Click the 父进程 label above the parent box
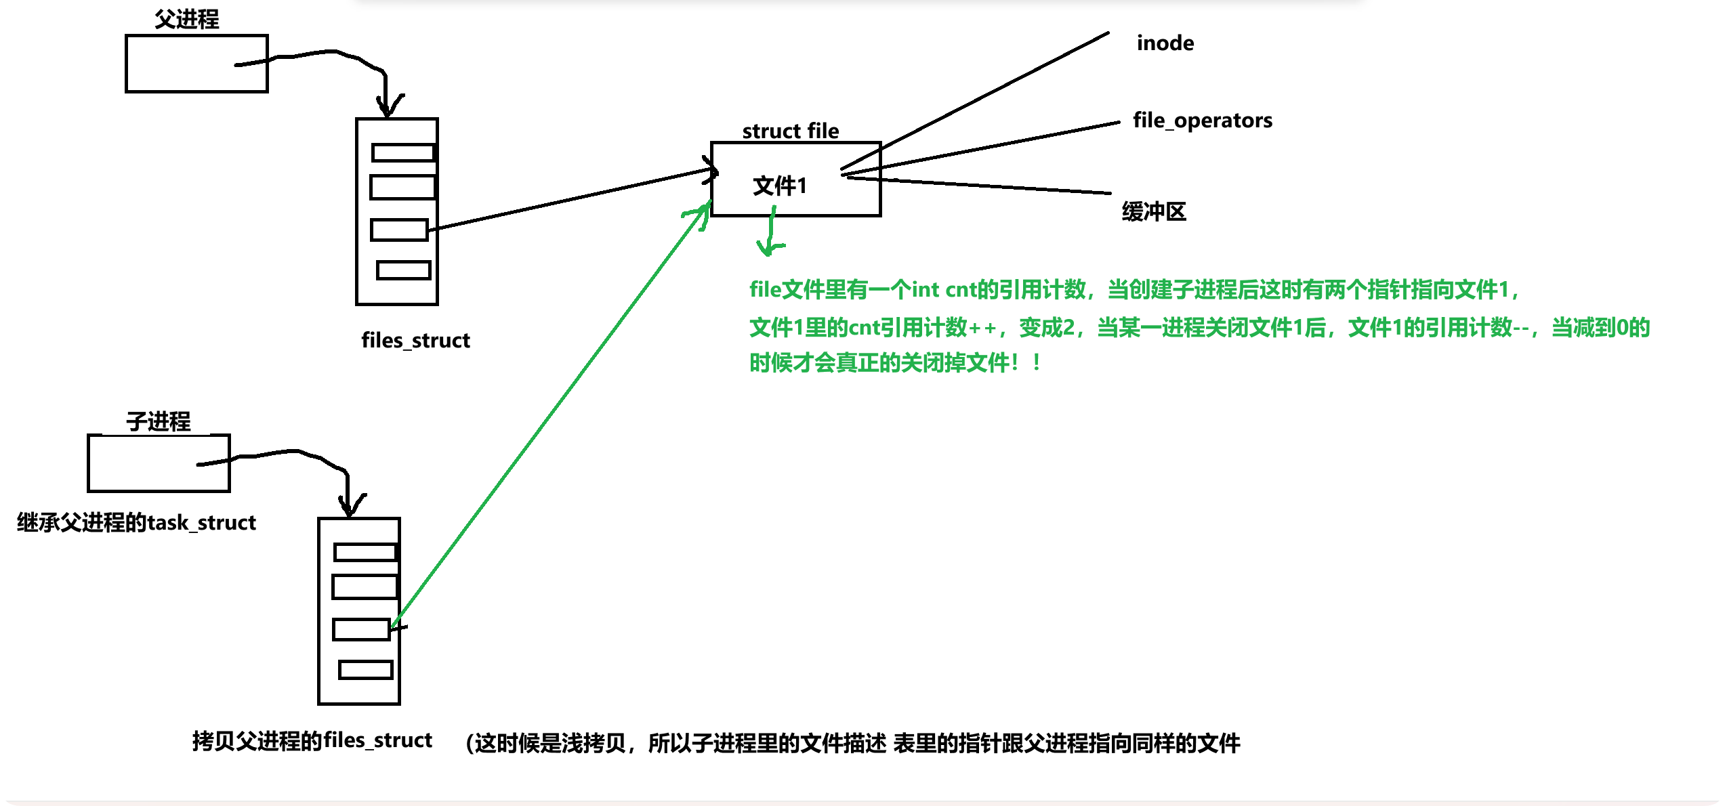[x=186, y=19]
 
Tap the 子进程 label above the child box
[x=159, y=421]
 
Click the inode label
[x=1165, y=43]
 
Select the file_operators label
[x=1202, y=121]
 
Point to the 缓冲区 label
[x=1154, y=212]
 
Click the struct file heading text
[x=790, y=131]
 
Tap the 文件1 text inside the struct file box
[x=780, y=186]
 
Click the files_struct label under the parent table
[x=415, y=340]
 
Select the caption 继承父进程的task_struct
[x=136, y=523]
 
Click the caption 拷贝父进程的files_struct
[x=312, y=740]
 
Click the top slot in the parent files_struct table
[x=403, y=152]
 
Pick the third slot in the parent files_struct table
[x=399, y=230]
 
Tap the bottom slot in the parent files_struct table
[x=404, y=270]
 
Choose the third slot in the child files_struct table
[x=361, y=629]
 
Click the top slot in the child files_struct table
[x=365, y=552]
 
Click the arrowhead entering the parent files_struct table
[x=387, y=107]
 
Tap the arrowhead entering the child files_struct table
[x=349, y=507]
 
